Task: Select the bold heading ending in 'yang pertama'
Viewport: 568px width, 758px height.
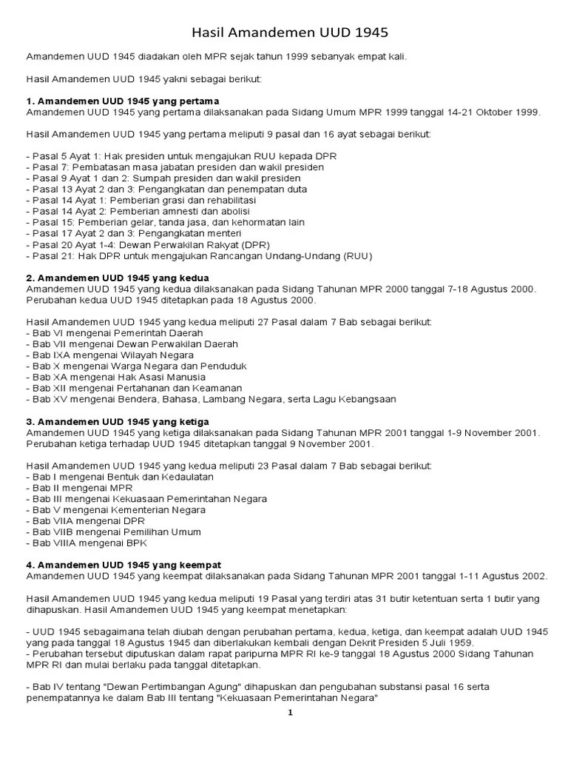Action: pyautogui.click(x=123, y=101)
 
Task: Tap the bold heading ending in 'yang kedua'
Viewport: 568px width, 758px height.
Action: pyautogui.click(x=118, y=277)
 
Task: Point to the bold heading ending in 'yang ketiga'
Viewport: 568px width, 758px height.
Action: pyautogui.click(x=118, y=421)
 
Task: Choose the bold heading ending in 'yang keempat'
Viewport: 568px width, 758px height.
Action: pyautogui.click(x=124, y=565)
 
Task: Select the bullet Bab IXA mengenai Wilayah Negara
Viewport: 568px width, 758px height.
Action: pyautogui.click(x=109, y=355)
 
